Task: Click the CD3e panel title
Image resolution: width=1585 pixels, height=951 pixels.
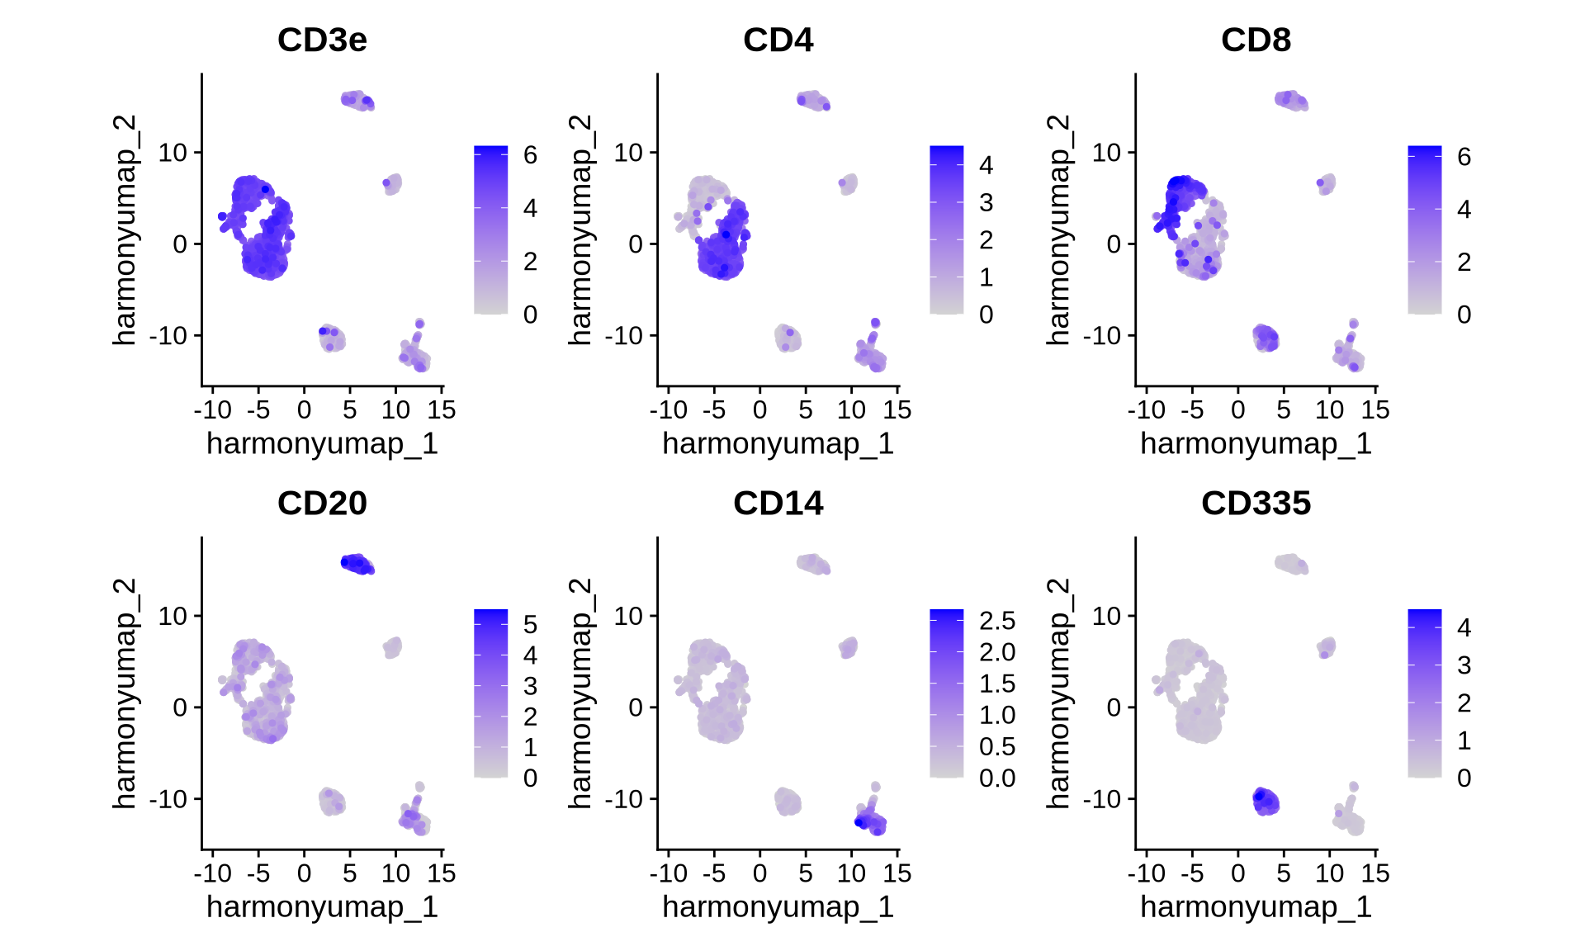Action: [322, 40]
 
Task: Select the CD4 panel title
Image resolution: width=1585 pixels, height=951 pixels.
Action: [778, 40]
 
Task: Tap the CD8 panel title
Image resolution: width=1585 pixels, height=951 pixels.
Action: [1256, 40]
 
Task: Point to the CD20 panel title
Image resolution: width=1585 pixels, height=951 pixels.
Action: [322, 503]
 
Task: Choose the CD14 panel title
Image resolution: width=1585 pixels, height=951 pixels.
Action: [778, 503]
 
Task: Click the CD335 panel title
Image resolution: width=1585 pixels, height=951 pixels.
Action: [1256, 503]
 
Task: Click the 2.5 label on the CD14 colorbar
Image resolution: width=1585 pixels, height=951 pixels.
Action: [997, 621]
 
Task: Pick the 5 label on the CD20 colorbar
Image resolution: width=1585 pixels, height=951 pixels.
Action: [530, 624]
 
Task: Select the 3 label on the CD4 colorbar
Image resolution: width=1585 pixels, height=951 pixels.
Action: [986, 202]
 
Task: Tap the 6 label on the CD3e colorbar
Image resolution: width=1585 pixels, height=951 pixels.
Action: [530, 154]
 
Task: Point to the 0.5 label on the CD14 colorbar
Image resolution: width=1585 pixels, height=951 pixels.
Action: [997, 746]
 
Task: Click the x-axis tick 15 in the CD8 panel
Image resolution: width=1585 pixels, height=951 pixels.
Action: [1375, 409]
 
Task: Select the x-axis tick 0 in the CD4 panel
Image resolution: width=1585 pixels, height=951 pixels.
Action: [759, 409]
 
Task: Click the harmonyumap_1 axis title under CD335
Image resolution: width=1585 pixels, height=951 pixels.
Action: [1256, 906]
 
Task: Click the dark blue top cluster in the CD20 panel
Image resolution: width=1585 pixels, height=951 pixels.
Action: [357, 564]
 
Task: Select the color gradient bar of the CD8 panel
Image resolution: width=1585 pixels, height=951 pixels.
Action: [1424, 229]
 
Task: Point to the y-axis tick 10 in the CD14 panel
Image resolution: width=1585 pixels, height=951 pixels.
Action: [628, 616]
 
